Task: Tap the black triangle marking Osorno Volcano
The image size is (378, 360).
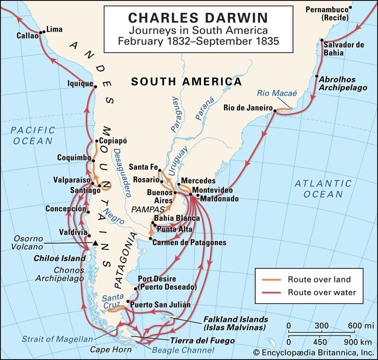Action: pos(95,243)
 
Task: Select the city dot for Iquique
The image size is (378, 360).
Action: pos(95,86)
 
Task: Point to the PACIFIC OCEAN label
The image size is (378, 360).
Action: pos(33,135)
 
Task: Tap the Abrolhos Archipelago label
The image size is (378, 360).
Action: pos(337,84)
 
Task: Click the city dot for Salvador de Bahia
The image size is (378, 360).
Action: pos(322,40)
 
